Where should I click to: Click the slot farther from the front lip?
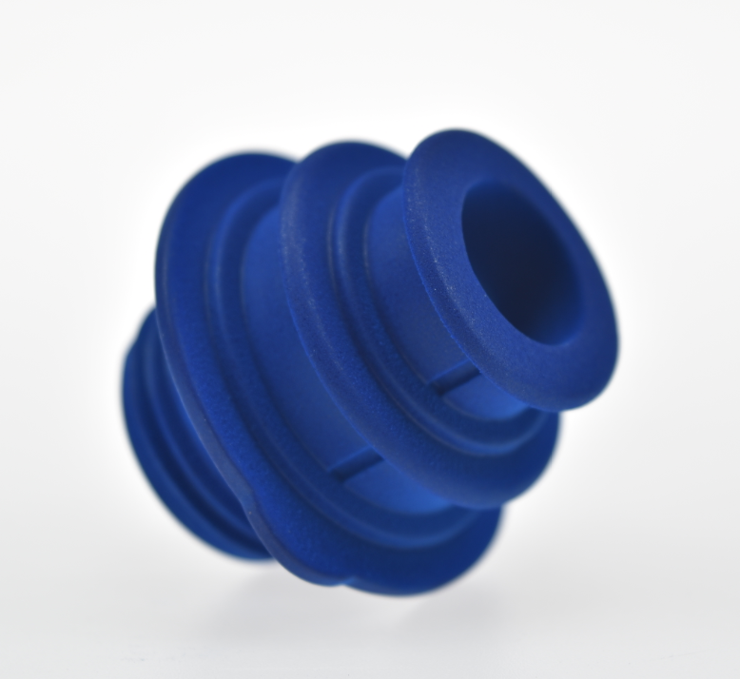tap(354, 464)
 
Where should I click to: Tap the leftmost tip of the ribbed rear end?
tap(123, 399)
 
